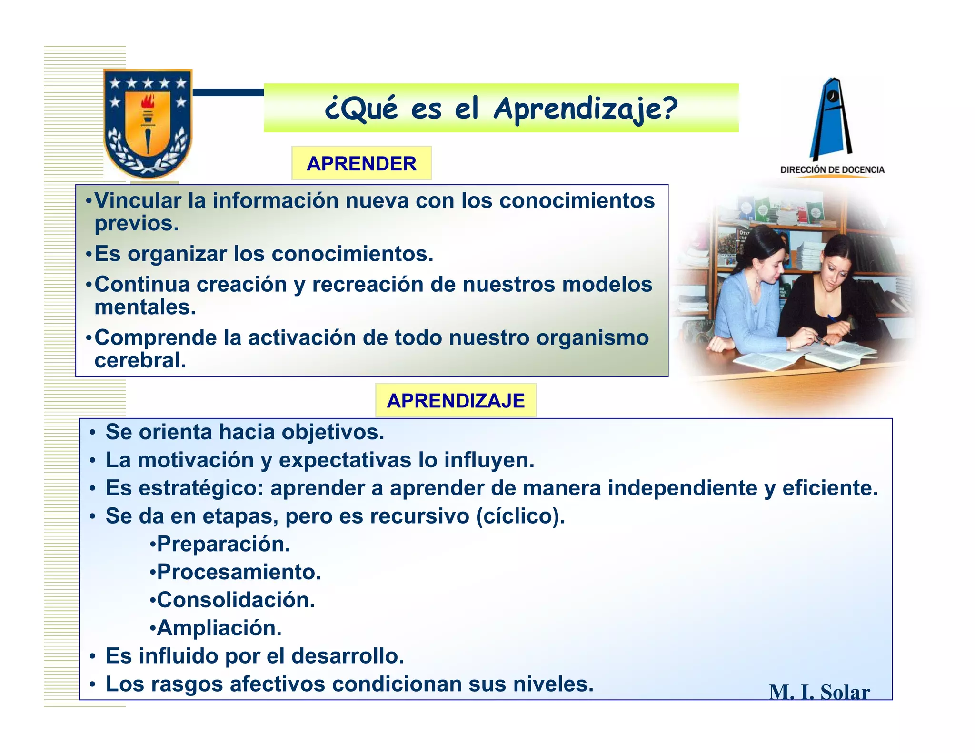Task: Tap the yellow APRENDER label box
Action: [x=361, y=163]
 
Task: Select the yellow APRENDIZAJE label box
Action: [x=456, y=400]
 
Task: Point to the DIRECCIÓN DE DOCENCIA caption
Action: [x=832, y=170]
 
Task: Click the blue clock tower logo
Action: [x=831, y=119]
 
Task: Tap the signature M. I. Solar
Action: [x=819, y=692]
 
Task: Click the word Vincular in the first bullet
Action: [x=138, y=201]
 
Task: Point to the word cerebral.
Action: [x=140, y=360]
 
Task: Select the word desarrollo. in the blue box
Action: [x=348, y=656]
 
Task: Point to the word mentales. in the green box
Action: [x=145, y=307]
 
